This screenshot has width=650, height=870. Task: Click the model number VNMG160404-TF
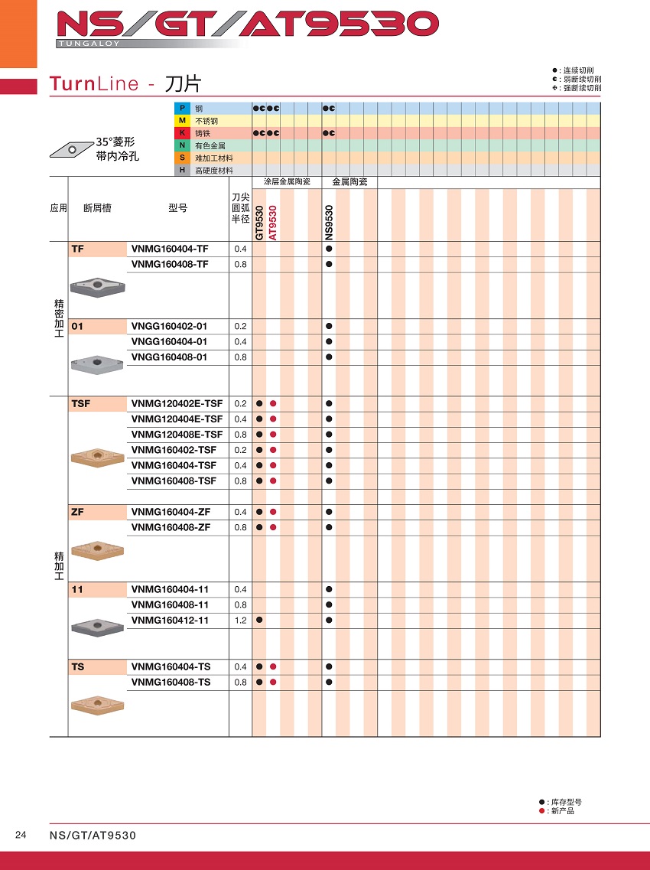[169, 249]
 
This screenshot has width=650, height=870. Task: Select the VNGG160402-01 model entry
[169, 326]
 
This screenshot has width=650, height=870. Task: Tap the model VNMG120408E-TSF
[177, 435]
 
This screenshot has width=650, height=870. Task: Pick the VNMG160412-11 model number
[170, 621]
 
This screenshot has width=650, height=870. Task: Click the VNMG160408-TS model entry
[171, 682]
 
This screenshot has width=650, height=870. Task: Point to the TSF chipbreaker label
[80, 403]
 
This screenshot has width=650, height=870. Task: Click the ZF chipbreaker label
[76, 512]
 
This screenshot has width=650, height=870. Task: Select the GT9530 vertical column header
[260, 223]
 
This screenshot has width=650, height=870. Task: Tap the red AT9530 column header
[273, 223]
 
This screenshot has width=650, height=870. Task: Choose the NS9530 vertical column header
[329, 223]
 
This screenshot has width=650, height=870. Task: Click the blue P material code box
[182, 109]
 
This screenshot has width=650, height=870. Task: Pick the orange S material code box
[182, 158]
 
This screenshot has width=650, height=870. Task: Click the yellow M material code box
[182, 121]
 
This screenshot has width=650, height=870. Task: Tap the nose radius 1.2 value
[240, 621]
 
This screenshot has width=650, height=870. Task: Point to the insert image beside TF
[97, 286]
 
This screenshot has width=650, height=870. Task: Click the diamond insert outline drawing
[70, 147]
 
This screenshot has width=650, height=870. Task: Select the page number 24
[21, 835]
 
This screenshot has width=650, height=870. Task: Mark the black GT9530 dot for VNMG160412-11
[260, 620]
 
